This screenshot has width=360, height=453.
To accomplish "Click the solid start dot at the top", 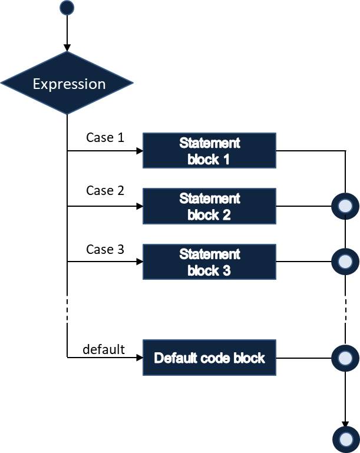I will pos(67,8).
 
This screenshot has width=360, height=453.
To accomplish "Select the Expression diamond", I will pos(68,84).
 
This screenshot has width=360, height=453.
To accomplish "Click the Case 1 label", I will pos(105,138).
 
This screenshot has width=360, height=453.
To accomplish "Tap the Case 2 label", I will pos(105,191).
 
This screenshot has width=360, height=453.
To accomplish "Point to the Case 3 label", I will pos(105,249).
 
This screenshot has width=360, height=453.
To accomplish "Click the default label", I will pos(104,349).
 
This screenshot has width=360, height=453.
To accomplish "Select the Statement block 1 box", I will pos(209,151).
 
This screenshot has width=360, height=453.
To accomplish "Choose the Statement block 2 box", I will pos(209,207).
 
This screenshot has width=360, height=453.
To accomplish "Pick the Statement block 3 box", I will pos(209,263).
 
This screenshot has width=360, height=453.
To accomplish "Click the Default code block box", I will pos(209,358).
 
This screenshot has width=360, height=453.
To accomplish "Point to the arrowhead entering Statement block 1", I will pos(140,151).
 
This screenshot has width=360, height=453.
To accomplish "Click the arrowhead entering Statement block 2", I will pos(140,207).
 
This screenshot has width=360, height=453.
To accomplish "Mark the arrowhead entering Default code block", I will pos(140,358).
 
